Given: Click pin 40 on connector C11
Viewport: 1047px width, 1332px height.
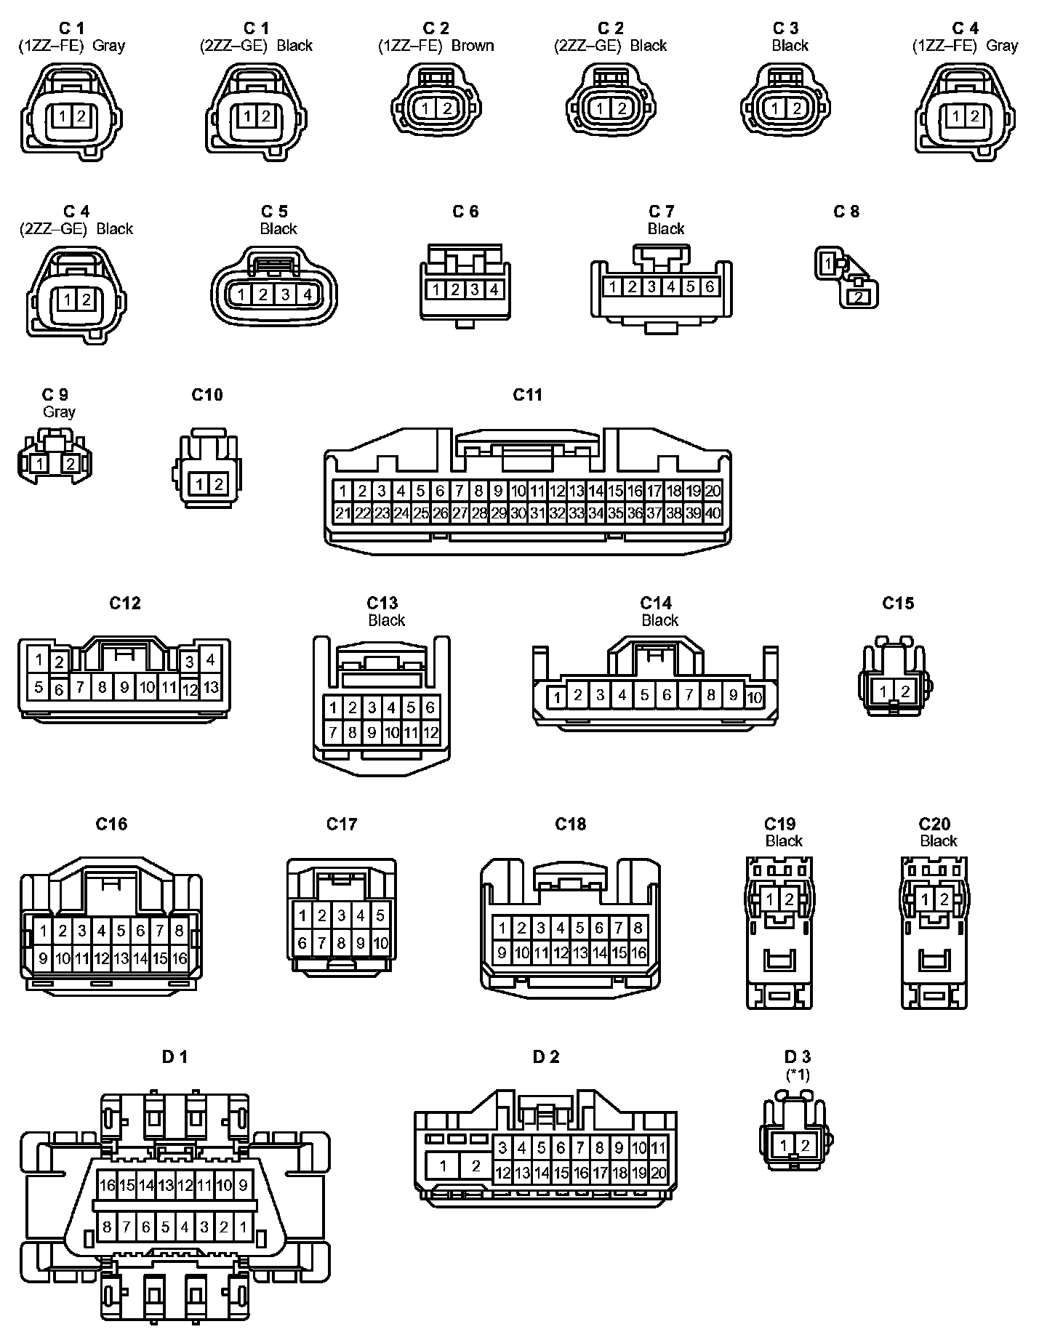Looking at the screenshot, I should pos(713,513).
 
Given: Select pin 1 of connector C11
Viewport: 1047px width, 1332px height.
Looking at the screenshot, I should pos(343,490).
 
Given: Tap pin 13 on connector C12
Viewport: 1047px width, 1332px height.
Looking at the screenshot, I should pos(211,686).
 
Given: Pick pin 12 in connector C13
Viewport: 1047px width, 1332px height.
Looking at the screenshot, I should pos(430,732).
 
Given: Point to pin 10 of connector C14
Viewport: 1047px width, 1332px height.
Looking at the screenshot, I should pos(755,697).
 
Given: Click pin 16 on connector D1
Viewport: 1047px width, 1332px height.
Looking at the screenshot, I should pos(108,1185).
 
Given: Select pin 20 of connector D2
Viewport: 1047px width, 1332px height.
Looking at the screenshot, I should pos(658,1172).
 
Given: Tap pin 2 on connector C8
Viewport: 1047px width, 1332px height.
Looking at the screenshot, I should pos(859,297).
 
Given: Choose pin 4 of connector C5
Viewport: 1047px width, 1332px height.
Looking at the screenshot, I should pos(307,294).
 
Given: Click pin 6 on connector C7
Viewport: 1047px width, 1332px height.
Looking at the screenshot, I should pos(710,286).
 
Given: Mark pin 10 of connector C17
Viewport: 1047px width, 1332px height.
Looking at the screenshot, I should pos(380,944).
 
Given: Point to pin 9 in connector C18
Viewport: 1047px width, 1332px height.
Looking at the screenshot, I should pos(502,952).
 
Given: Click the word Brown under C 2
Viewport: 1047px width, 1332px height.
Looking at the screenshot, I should pos(473,46).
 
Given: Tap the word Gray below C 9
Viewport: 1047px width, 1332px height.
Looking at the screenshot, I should pos(59,412).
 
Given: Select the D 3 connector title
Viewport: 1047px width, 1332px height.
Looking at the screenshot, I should pos(798,1056).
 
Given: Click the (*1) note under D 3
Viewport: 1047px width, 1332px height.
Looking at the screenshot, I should pos(798,1074).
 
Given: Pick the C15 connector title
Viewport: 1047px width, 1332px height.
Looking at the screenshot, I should pos(898,603).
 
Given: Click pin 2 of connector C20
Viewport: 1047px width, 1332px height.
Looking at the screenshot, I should pos(944,899).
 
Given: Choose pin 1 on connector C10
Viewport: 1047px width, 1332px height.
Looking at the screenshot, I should pos(199,484).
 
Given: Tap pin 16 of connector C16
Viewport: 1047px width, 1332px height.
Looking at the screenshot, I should pos(179,958).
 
